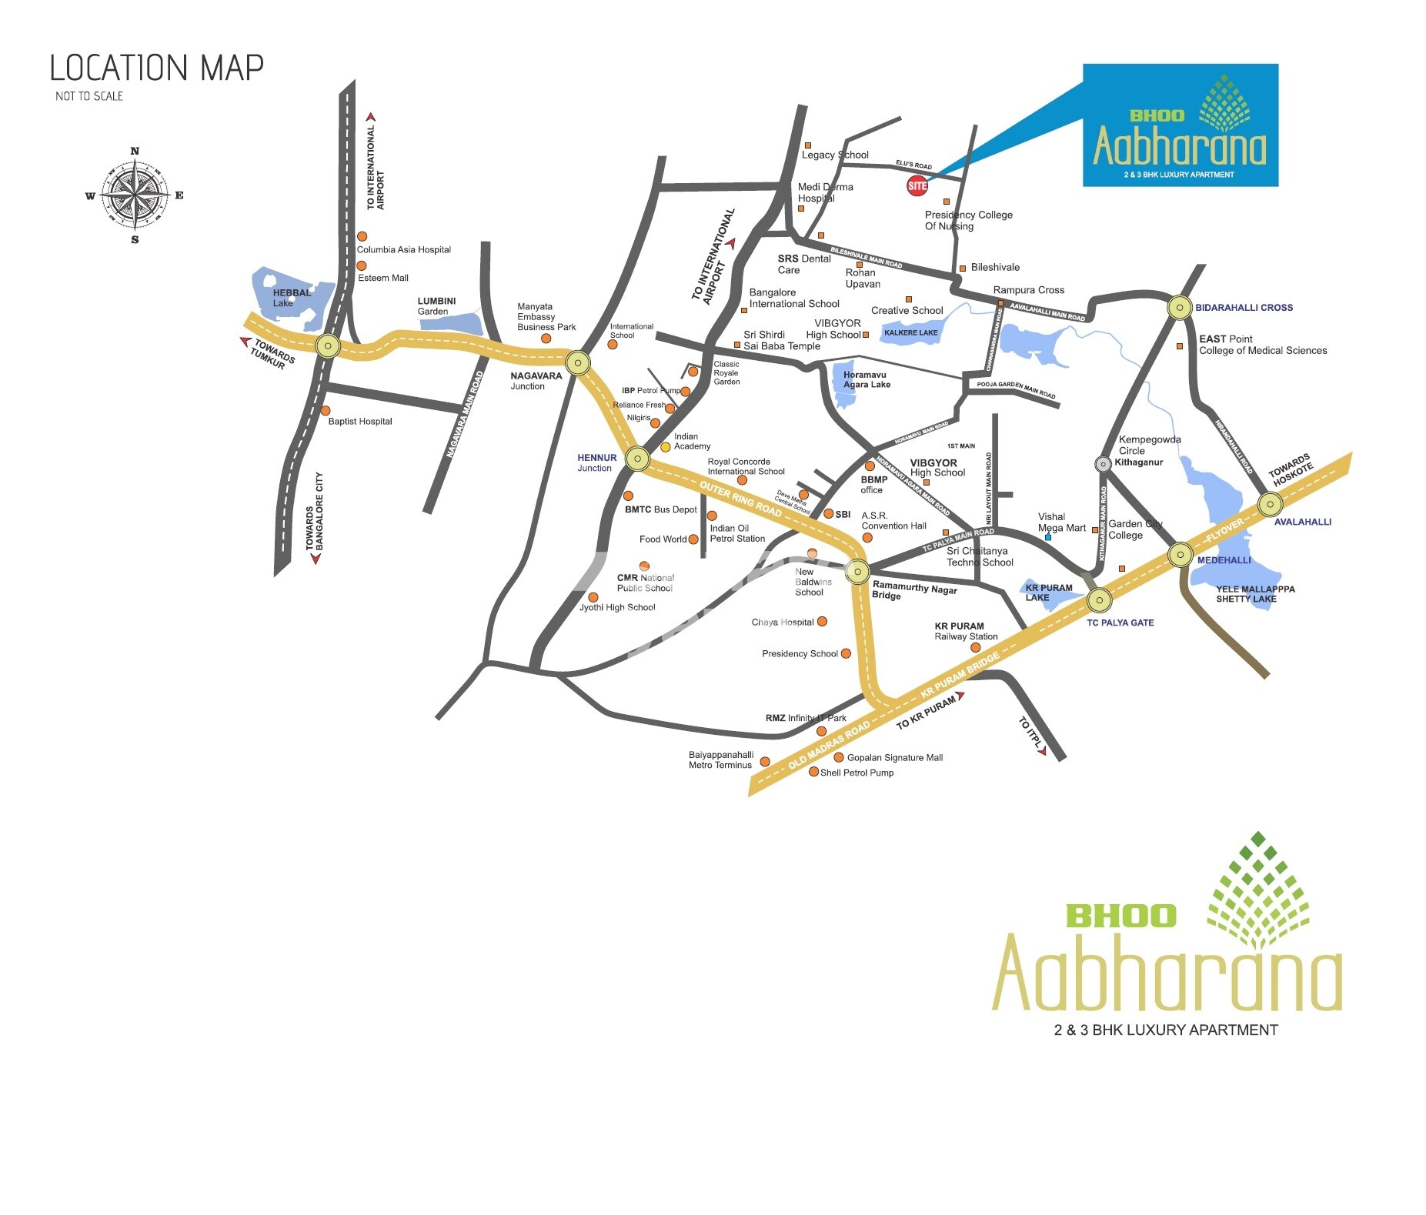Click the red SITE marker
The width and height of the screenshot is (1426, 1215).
pos(917,185)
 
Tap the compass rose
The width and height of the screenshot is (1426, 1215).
pos(135,195)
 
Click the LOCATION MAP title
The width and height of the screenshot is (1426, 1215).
pos(156,68)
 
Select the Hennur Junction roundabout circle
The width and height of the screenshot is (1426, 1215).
pos(637,459)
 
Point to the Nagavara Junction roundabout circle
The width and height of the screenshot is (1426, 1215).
pos(578,362)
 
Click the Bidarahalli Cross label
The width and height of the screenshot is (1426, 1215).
pos(1244,308)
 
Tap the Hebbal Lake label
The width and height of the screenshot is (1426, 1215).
pos(292,298)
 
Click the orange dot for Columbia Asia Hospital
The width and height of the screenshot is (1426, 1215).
pos(362,236)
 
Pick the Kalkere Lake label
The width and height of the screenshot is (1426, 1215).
pos(911,333)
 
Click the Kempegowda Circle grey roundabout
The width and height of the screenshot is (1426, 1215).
pos(1103,463)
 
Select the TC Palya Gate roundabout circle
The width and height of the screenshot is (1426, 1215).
pos(1099,599)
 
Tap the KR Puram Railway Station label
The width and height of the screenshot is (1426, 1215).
pos(965,632)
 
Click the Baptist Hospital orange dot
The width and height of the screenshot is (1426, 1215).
pos(326,411)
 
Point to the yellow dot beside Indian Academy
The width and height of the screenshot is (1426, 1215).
pos(666,447)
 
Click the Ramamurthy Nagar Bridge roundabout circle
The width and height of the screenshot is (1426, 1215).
pos(857,572)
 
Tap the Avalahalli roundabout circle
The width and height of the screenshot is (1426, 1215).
pos(1270,505)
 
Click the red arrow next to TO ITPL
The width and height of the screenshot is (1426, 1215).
pos(1041,750)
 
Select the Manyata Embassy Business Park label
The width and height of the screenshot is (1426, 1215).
pos(546,317)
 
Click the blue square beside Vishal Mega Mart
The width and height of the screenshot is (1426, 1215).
pos(1047,537)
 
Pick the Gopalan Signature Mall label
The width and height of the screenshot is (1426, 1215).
pos(894,758)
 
